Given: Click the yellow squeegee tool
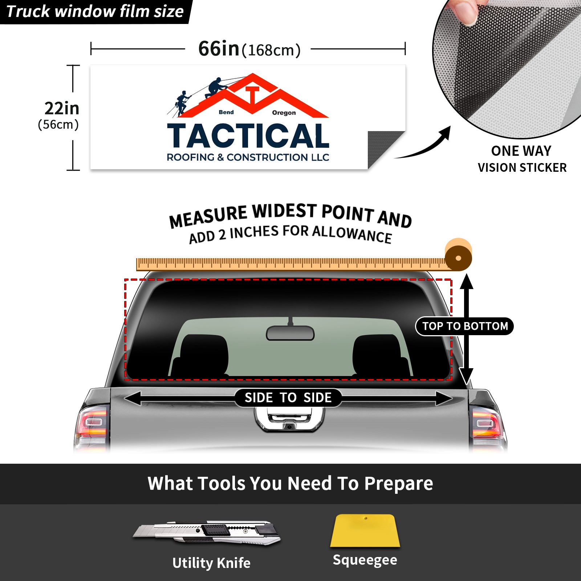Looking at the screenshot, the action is coord(365,531).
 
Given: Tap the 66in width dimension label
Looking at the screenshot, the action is coord(249,49).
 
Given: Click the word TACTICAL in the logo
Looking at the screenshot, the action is coord(248,136).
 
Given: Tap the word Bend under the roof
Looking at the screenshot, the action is coord(226,112).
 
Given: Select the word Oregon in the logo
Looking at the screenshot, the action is coord(284,113).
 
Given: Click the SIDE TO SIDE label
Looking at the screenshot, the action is coord(288,398).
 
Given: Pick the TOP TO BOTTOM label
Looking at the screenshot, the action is coord(465,326).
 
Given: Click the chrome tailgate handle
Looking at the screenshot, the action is coord(289,419).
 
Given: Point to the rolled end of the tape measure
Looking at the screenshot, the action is coord(458,255).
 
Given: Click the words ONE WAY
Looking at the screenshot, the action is coord(521,151).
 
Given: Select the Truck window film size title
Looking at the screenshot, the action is coord(95,11).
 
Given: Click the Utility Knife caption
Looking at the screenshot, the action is coord(211,563).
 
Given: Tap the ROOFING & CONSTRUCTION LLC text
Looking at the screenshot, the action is coord(248,157).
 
